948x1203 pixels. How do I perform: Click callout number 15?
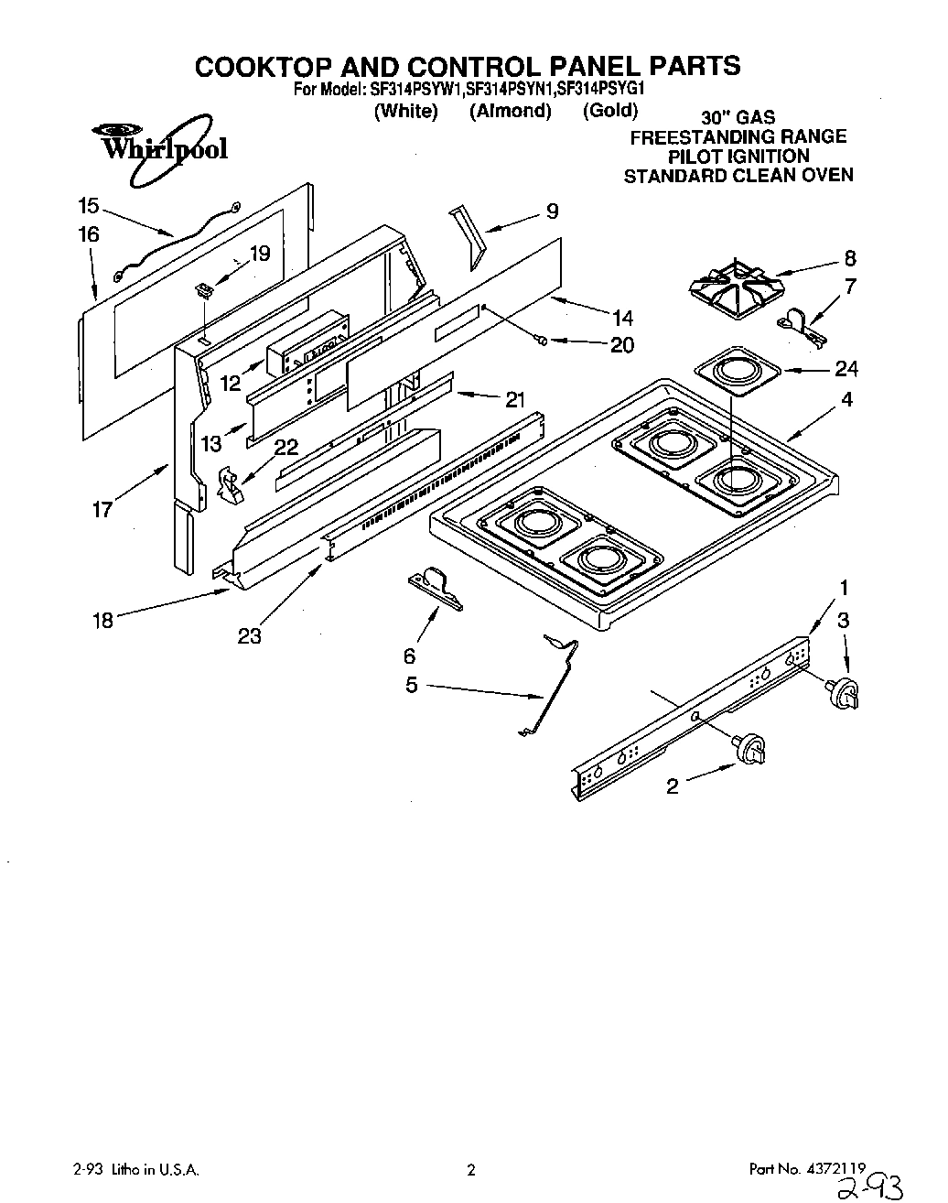tap(88, 205)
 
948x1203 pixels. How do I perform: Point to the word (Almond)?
tap(510, 111)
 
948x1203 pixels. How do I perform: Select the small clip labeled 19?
tap(204, 290)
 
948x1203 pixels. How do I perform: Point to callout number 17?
tap(102, 509)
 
